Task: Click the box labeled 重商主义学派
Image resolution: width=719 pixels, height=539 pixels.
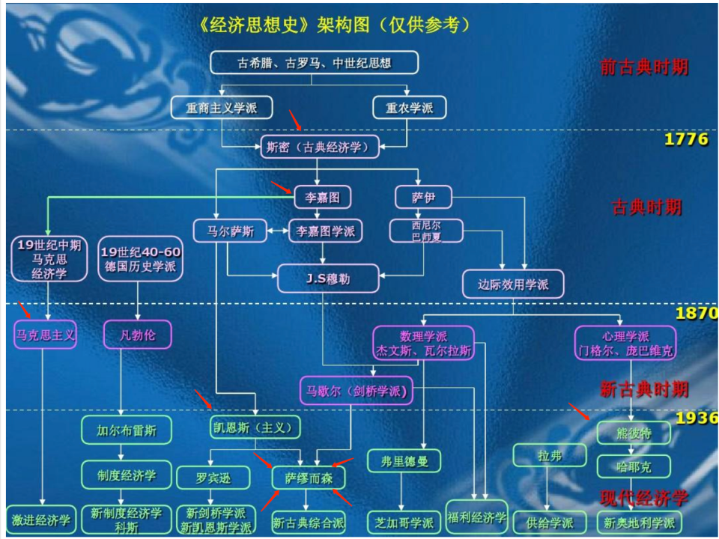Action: (222, 108)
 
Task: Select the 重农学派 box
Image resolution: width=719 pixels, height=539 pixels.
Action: (409, 108)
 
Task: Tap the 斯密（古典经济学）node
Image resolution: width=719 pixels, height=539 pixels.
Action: (318, 147)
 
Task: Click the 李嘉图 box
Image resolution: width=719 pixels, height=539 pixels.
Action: (322, 198)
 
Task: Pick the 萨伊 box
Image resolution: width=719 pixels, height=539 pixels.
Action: (423, 198)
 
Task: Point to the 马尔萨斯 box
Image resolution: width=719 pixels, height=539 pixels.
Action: (231, 231)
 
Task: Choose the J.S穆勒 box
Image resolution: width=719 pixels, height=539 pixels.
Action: (328, 279)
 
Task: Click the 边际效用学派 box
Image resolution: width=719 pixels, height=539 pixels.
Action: (513, 284)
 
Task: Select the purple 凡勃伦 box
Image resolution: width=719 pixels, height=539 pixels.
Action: (139, 335)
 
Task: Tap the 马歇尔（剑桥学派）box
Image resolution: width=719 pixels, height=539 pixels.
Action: (356, 390)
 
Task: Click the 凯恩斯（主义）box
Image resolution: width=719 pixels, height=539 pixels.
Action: (255, 427)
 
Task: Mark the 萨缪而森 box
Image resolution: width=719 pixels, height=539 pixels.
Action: (303, 478)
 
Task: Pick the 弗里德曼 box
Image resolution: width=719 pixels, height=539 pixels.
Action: (404, 460)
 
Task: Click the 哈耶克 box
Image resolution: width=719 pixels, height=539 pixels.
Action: (634, 467)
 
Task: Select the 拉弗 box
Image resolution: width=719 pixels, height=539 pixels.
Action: (549, 455)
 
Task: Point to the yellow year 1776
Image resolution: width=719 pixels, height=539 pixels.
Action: (685, 140)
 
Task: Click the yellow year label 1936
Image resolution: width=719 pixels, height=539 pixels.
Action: (697, 418)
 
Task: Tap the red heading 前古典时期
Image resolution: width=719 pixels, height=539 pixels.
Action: (643, 67)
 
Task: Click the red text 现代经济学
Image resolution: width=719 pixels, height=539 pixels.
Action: (643, 498)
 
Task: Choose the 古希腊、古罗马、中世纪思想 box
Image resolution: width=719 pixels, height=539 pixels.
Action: (315, 63)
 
